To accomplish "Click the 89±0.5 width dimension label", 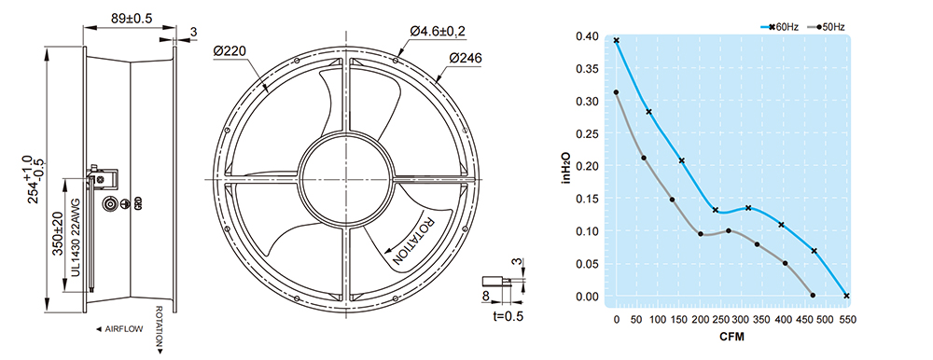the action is point(132,19).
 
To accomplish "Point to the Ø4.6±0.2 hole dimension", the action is point(438,31).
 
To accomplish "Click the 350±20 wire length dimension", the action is point(58,233).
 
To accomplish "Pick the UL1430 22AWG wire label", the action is point(76,244).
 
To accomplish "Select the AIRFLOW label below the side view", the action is point(119,328).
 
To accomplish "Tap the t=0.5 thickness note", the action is point(508,316).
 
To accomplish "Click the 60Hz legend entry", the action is point(779,27).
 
